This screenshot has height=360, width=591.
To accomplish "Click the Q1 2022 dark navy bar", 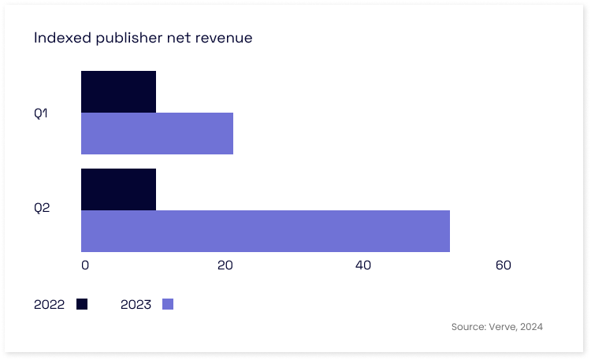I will [x=118, y=91].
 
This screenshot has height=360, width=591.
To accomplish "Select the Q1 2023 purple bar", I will [x=157, y=133].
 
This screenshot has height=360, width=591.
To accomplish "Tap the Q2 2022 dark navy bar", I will [x=118, y=189].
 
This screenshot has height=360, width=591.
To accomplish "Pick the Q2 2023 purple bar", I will [x=266, y=231].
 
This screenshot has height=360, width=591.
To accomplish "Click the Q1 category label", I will [x=41, y=113].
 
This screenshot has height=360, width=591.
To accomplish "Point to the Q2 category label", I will [x=42, y=210].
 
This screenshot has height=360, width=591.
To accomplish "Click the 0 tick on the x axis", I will [x=85, y=265].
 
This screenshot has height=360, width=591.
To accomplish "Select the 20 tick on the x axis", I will [x=225, y=265].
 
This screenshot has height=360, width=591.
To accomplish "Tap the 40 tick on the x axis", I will [x=363, y=265].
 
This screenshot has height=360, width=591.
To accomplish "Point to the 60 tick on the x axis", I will [x=503, y=265].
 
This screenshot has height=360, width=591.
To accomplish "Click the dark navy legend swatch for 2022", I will [x=82, y=304].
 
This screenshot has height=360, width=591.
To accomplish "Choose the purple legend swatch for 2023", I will [x=167, y=304].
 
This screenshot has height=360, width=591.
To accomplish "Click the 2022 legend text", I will [x=49, y=304].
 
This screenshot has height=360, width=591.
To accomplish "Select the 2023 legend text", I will [x=136, y=304].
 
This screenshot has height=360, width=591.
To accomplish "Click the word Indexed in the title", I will [x=60, y=38].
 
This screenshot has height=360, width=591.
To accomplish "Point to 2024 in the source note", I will [x=530, y=326].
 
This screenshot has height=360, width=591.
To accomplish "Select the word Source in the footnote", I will [x=466, y=326].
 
